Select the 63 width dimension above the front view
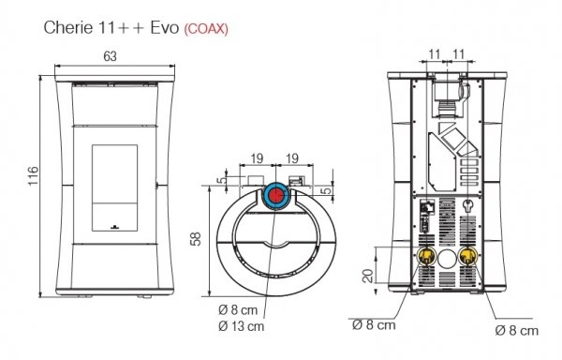pyautogui.click(x=110, y=57)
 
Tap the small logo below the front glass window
pyautogui.click(x=111, y=226)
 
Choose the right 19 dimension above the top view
pyautogui.click(x=292, y=158)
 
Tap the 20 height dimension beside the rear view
pyautogui.click(x=367, y=275)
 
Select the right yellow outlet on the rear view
pyautogui.click(x=468, y=256)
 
